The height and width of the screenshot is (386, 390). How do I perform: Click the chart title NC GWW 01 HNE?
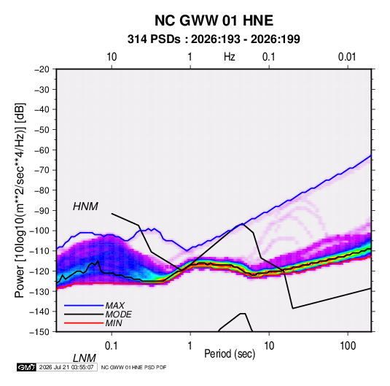pos(214,20)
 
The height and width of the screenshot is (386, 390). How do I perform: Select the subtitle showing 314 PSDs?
pos(214,39)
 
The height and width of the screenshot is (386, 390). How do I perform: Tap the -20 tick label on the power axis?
pos(42,69)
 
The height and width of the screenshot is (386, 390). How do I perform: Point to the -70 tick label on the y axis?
pos(42,170)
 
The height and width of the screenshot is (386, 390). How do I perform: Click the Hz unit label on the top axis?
pos(230,57)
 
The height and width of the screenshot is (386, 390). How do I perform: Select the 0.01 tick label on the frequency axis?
pos(347,57)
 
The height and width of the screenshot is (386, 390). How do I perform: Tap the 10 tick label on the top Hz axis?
pos(112,57)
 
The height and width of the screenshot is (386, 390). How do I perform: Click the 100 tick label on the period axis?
pos(348,346)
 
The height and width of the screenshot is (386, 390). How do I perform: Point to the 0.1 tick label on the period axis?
pos(111,346)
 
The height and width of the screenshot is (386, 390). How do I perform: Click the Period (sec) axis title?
pos(230,354)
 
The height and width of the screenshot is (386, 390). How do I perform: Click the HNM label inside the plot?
pos(85,206)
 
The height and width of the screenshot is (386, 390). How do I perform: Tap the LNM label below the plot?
pos(85,358)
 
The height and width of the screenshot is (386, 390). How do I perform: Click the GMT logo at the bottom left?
pos(27,367)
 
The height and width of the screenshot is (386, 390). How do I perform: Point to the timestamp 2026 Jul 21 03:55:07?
pos(66,367)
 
